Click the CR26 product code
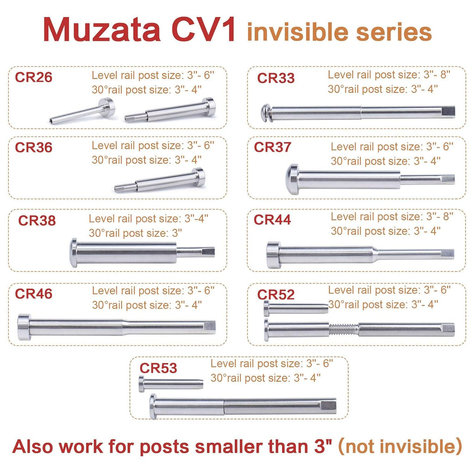click(x=33, y=77)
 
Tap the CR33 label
click(x=276, y=78)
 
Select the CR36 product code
click(x=33, y=148)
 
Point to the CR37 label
click(x=272, y=147)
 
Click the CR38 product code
click(x=37, y=221)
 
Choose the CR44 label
click(x=272, y=220)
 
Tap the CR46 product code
click(x=33, y=294)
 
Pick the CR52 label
click(x=276, y=295)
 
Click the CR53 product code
click(x=158, y=368)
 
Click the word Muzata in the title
click(x=102, y=30)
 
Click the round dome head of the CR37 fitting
click(x=292, y=179)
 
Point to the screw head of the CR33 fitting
click(x=266, y=113)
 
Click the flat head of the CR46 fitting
click(x=24, y=327)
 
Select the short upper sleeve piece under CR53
click(x=171, y=384)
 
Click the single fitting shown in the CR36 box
click(x=160, y=181)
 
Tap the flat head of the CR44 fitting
click(x=274, y=255)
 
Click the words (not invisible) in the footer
click(x=400, y=446)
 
